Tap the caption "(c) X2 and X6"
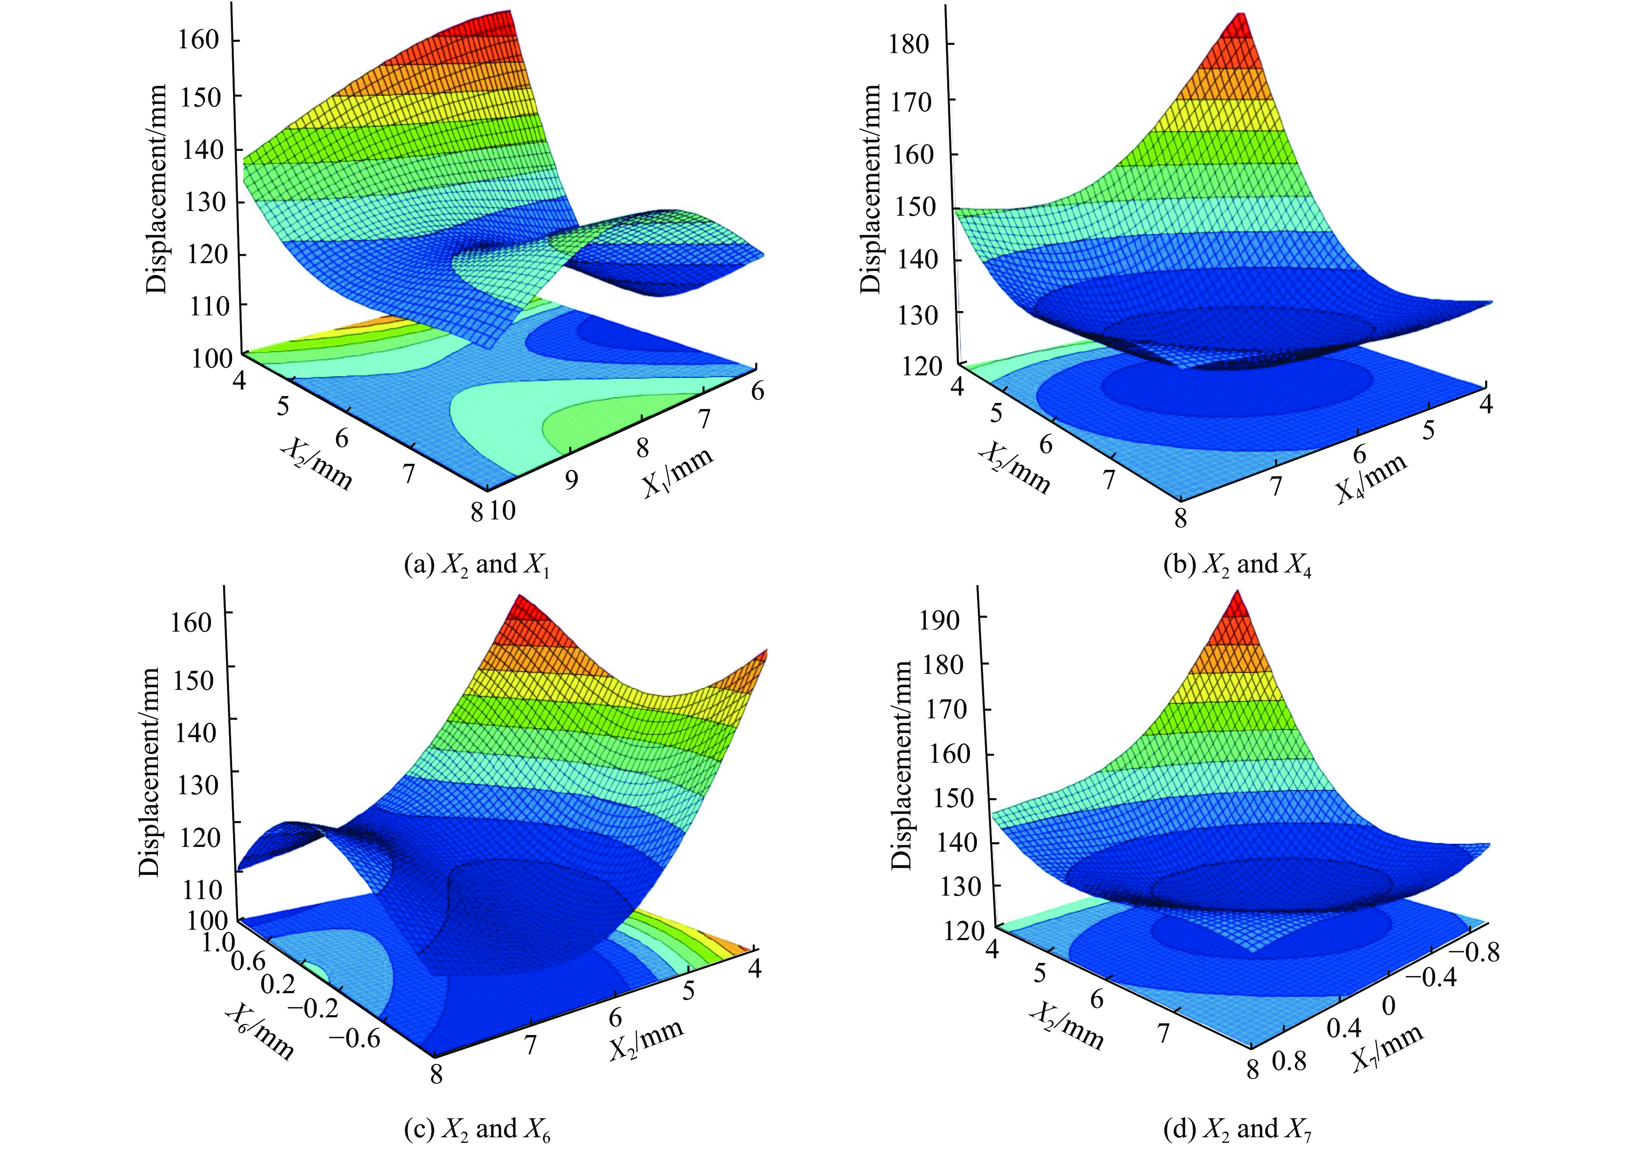478,1129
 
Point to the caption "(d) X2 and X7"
1237,1129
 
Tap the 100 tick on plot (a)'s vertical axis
211,359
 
